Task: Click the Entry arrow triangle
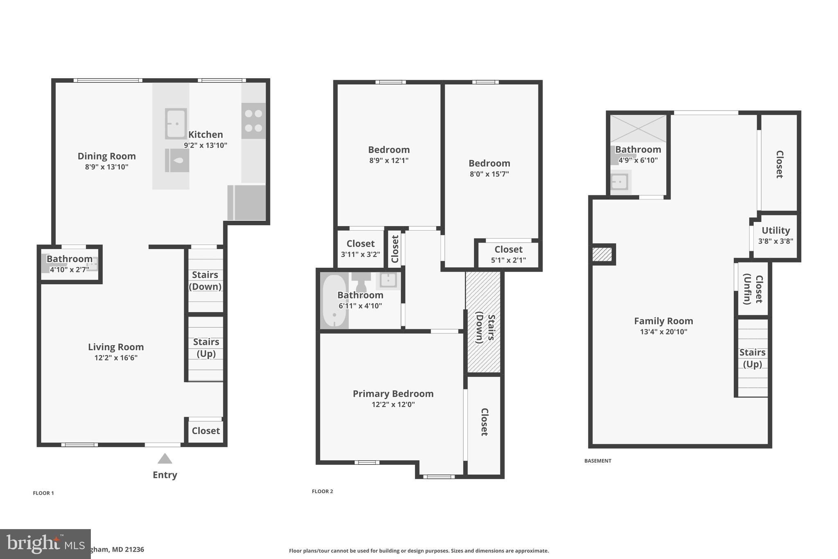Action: click(165, 459)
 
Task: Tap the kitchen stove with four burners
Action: click(253, 121)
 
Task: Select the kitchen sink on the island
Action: click(176, 124)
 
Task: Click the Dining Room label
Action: click(106, 156)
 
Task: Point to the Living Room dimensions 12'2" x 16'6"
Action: click(116, 358)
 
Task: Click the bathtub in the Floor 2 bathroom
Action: click(334, 301)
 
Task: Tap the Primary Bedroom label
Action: click(393, 394)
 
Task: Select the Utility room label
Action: click(775, 231)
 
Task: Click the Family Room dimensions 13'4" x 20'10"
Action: click(663, 332)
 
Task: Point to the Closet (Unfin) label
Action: click(752, 289)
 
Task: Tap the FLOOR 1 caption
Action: click(43, 493)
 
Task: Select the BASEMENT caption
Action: click(597, 461)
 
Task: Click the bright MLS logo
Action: click(45, 544)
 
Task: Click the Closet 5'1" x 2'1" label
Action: click(508, 254)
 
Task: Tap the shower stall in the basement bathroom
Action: click(638, 129)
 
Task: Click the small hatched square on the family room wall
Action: click(602, 254)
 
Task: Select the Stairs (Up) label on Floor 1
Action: click(206, 348)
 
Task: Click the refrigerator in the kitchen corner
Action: click(247, 202)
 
